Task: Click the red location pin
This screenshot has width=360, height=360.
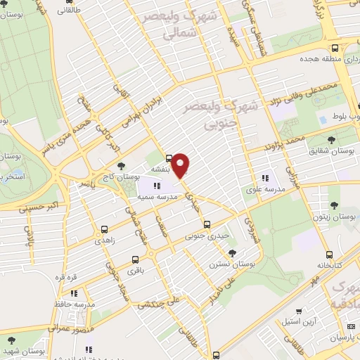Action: (x=181, y=166)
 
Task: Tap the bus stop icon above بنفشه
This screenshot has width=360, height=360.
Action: (x=169, y=158)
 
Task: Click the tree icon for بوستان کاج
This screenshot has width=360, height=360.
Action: (x=122, y=166)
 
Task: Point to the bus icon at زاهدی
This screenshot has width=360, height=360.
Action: (x=105, y=229)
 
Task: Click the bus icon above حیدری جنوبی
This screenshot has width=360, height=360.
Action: (x=206, y=225)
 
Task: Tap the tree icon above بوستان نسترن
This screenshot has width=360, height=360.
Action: (x=232, y=253)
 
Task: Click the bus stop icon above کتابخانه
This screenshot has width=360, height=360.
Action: (x=328, y=256)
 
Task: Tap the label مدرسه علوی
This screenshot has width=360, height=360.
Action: (x=265, y=188)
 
